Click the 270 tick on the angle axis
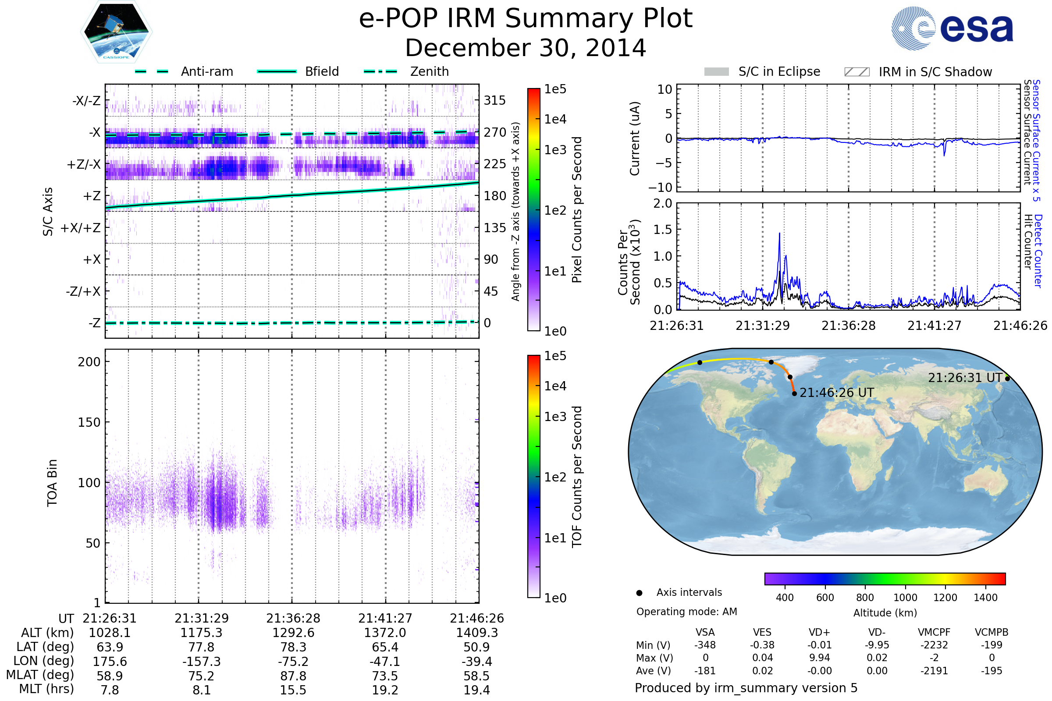(495, 132)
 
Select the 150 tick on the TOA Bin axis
(89, 422)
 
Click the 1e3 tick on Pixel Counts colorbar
(555, 150)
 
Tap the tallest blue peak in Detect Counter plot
(779, 234)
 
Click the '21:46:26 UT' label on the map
(836, 393)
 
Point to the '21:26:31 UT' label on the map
(965, 378)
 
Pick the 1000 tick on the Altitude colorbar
(905, 598)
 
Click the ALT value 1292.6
(293, 633)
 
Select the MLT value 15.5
(293, 690)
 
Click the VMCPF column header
(934, 632)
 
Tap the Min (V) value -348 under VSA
(705, 645)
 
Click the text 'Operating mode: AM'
(686, 612)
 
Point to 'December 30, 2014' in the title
(526, 48)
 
